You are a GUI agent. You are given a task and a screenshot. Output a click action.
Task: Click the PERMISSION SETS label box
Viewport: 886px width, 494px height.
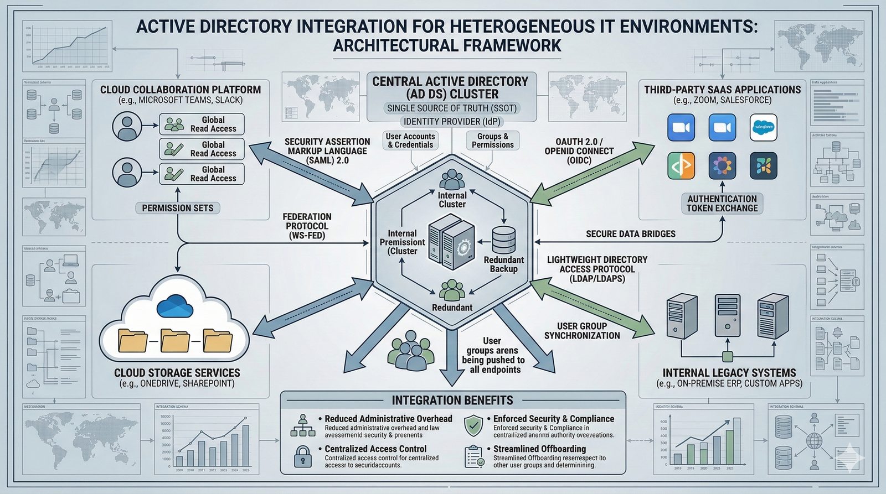(x=178, y=208)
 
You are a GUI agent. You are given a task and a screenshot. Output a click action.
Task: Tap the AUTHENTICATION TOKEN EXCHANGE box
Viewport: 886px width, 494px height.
(x=722, y=204)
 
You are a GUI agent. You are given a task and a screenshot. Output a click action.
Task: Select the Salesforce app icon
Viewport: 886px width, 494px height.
(x=763, y=128)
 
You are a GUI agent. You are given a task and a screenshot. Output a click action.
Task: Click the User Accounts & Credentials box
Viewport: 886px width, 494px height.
(x=410, y=141)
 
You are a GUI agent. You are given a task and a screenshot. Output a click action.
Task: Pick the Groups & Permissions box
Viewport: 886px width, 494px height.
(x=492, y=141)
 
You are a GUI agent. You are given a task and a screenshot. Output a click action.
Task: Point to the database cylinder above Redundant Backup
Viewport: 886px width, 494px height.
(x=503, y=240)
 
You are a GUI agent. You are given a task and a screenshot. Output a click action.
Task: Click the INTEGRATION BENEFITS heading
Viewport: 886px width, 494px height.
(x=452, y=400)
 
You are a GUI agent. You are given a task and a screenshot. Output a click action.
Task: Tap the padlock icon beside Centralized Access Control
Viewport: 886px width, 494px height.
(x=302, y=456)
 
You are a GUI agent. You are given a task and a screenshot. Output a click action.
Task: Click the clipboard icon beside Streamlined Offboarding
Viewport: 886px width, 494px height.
(x=473, y=456)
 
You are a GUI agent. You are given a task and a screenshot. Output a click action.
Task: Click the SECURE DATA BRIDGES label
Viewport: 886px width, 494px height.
(x=630, y=234)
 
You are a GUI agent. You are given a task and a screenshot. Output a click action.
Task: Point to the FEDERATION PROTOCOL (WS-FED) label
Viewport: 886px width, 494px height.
(x=307, y=226)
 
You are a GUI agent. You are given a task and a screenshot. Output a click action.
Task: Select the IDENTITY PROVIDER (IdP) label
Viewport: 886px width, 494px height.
(x=452, y=122)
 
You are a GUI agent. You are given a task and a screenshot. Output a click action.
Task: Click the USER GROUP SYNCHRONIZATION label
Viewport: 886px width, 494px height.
(x=582, y=331)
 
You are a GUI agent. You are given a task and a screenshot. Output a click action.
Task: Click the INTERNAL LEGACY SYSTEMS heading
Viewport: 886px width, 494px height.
(x=729, y=373)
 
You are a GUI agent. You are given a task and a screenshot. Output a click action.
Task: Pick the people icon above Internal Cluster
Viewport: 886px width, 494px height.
(x=452, y=179)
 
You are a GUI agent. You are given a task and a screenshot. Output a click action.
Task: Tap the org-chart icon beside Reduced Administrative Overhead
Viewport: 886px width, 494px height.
(x=302, y=426)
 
